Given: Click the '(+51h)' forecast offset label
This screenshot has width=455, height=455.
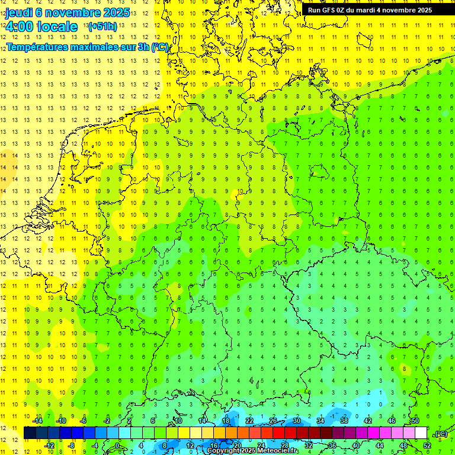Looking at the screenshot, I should click(x=102, y=27).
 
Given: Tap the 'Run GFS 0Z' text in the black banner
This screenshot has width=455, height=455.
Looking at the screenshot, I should click(x=326, y=10).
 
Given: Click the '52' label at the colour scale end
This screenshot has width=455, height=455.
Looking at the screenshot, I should click(x=427, y=446).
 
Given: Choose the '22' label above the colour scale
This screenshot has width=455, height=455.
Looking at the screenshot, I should click(x=249, y=421).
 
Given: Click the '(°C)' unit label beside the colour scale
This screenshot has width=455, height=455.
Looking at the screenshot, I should click(x=441, y=434).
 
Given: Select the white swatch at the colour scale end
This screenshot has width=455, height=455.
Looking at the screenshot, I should click(x=421, y=433).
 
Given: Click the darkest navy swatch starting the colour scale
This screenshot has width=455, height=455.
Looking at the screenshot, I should click(x=30, y=433).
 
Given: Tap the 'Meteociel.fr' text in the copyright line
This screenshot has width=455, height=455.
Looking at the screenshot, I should click(x=277, y=451).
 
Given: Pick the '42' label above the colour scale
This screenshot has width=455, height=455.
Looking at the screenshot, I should click(x=368, y=421).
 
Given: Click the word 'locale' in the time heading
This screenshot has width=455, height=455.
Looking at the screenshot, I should click(x=57, y=27).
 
